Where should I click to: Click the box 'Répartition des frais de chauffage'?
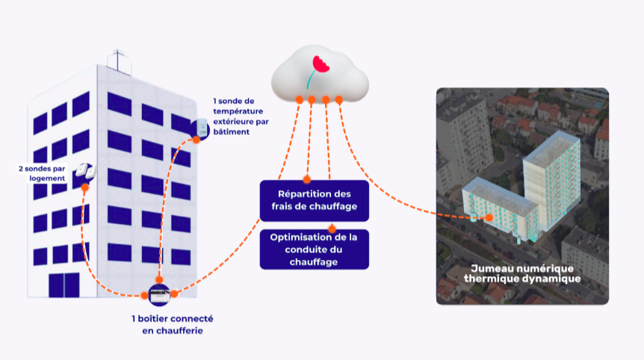click(x=314, y=200)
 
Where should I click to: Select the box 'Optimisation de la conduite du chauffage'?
click(x=314, y=249)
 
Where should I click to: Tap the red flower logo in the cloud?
click(x=320, y=66)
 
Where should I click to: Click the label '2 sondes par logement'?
click(x=42, y=174)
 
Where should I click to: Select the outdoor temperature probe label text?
click(x=241, y=116)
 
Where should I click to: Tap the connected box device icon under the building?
click(x=160, y=293)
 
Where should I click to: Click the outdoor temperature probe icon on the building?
click(x=201, y=128)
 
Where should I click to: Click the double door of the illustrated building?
click(x=64, y=285)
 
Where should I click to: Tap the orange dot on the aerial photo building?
click(x=489, y=217)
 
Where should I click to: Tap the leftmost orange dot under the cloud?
click(x=299, y=99)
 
